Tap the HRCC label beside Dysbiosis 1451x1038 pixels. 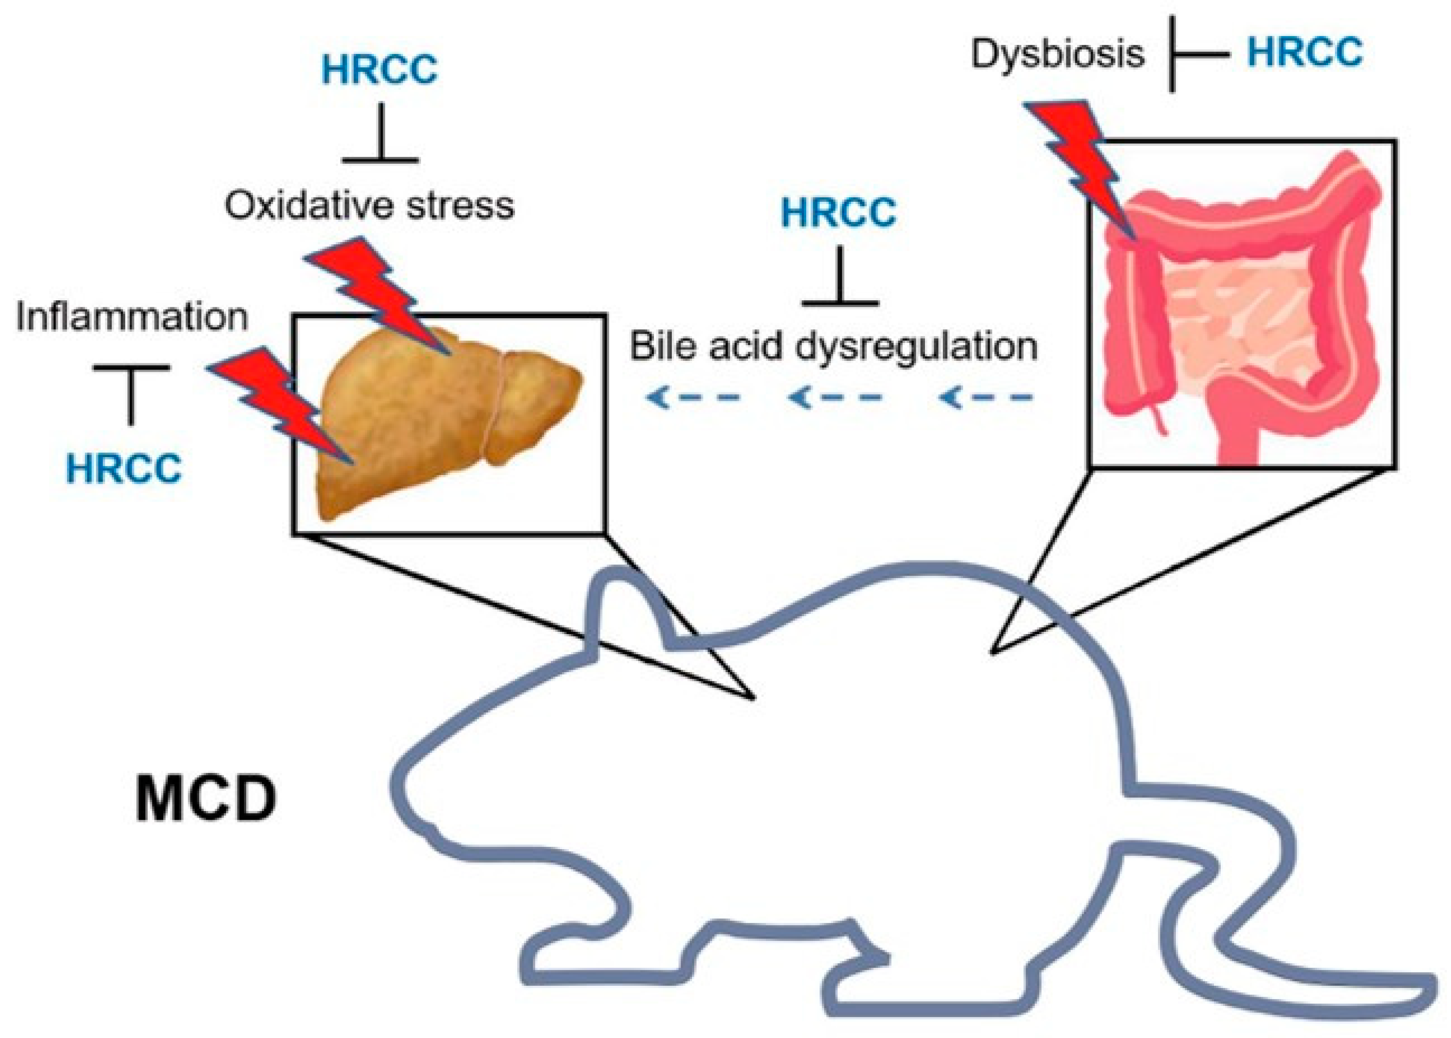click(1304, 52)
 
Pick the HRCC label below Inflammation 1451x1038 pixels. click(124, 469)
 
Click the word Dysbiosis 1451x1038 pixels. click(1057, 54)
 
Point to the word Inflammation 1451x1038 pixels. click(132, 317)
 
